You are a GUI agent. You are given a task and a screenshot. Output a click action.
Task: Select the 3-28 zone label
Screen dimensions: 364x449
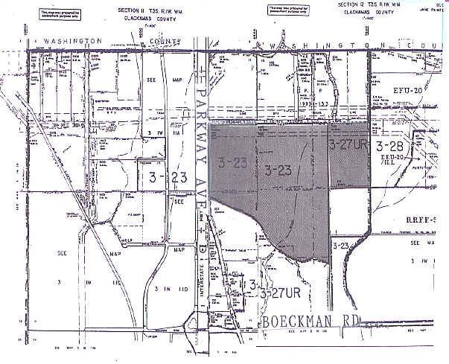(x=390, y=144)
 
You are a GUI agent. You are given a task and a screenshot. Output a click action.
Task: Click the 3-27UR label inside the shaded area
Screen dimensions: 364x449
(x=348, y=144)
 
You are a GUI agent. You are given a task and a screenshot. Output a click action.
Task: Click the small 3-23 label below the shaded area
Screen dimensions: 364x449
(x=341, y=245)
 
